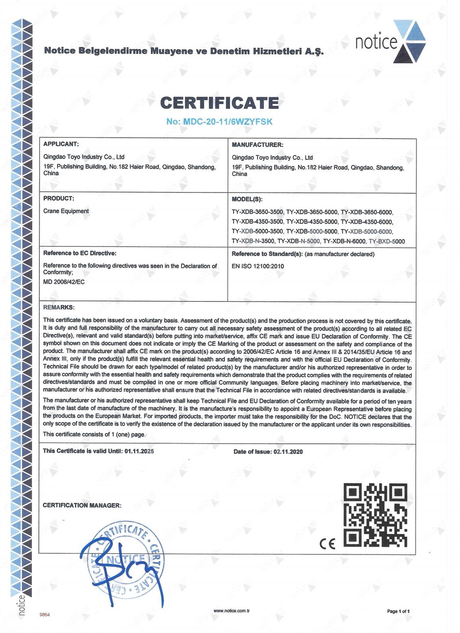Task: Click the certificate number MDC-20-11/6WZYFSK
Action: point(220,121)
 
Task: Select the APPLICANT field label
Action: point(60,144)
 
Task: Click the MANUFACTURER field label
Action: point(257,145)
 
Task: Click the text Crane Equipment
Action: point(66,211)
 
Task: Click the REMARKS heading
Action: point(59,307)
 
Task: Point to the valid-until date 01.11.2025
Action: point(139,451)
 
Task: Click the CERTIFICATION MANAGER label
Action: point(82,506)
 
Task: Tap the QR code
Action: point(375,514)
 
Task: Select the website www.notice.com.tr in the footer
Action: point(231,611)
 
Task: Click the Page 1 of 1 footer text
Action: point(401,611)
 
